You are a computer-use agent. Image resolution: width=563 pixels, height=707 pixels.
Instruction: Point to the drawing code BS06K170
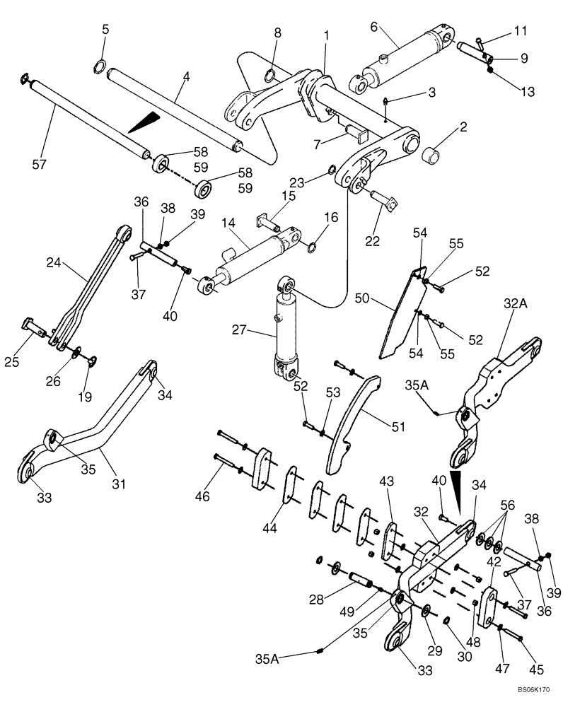tap(533, 688)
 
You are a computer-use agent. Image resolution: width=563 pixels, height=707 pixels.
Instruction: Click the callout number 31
tap(119, 484)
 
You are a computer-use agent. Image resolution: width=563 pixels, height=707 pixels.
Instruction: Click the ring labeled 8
tap(269, 76)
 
